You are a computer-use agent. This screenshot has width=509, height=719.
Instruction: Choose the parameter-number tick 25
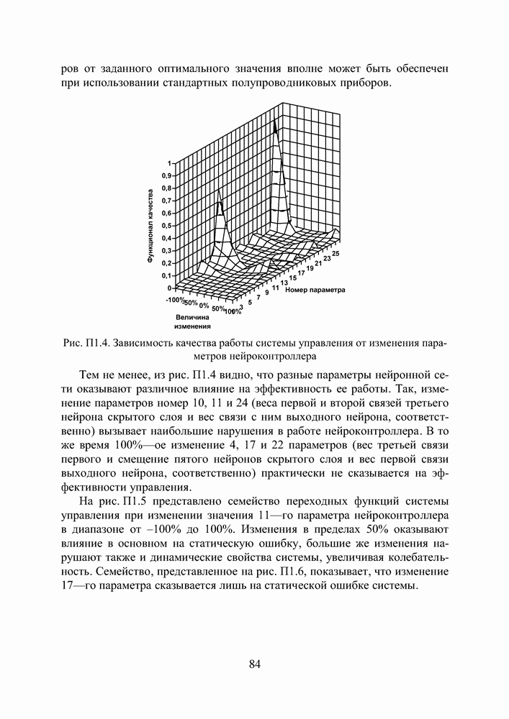[x=336, y=253]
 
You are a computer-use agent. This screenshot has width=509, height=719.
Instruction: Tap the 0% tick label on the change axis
[x=204, y=306]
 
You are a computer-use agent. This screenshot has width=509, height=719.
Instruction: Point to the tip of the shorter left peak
[x=220, y=203]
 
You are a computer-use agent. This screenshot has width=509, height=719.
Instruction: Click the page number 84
[x=254, y=664]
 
